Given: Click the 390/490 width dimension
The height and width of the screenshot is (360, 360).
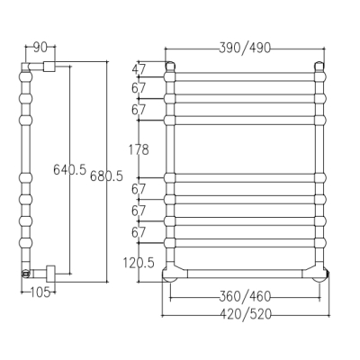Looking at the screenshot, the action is (245, 48).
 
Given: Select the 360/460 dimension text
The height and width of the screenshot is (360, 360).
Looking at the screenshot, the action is (245, 297).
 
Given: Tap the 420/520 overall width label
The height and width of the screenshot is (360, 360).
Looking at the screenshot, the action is (246, 314).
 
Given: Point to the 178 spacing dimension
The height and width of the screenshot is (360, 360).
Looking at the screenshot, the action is (139, 149).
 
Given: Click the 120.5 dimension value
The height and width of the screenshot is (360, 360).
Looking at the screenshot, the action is (139, 263).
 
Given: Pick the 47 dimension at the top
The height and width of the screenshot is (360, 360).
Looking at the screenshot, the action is (139, 69).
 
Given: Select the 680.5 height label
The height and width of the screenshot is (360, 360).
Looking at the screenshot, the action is (106, 175).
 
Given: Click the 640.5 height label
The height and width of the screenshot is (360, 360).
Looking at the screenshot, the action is (69, 169).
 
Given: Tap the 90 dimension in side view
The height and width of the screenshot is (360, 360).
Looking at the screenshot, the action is (40, 48).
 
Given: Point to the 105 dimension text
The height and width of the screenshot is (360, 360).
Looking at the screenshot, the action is (40, 292).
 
